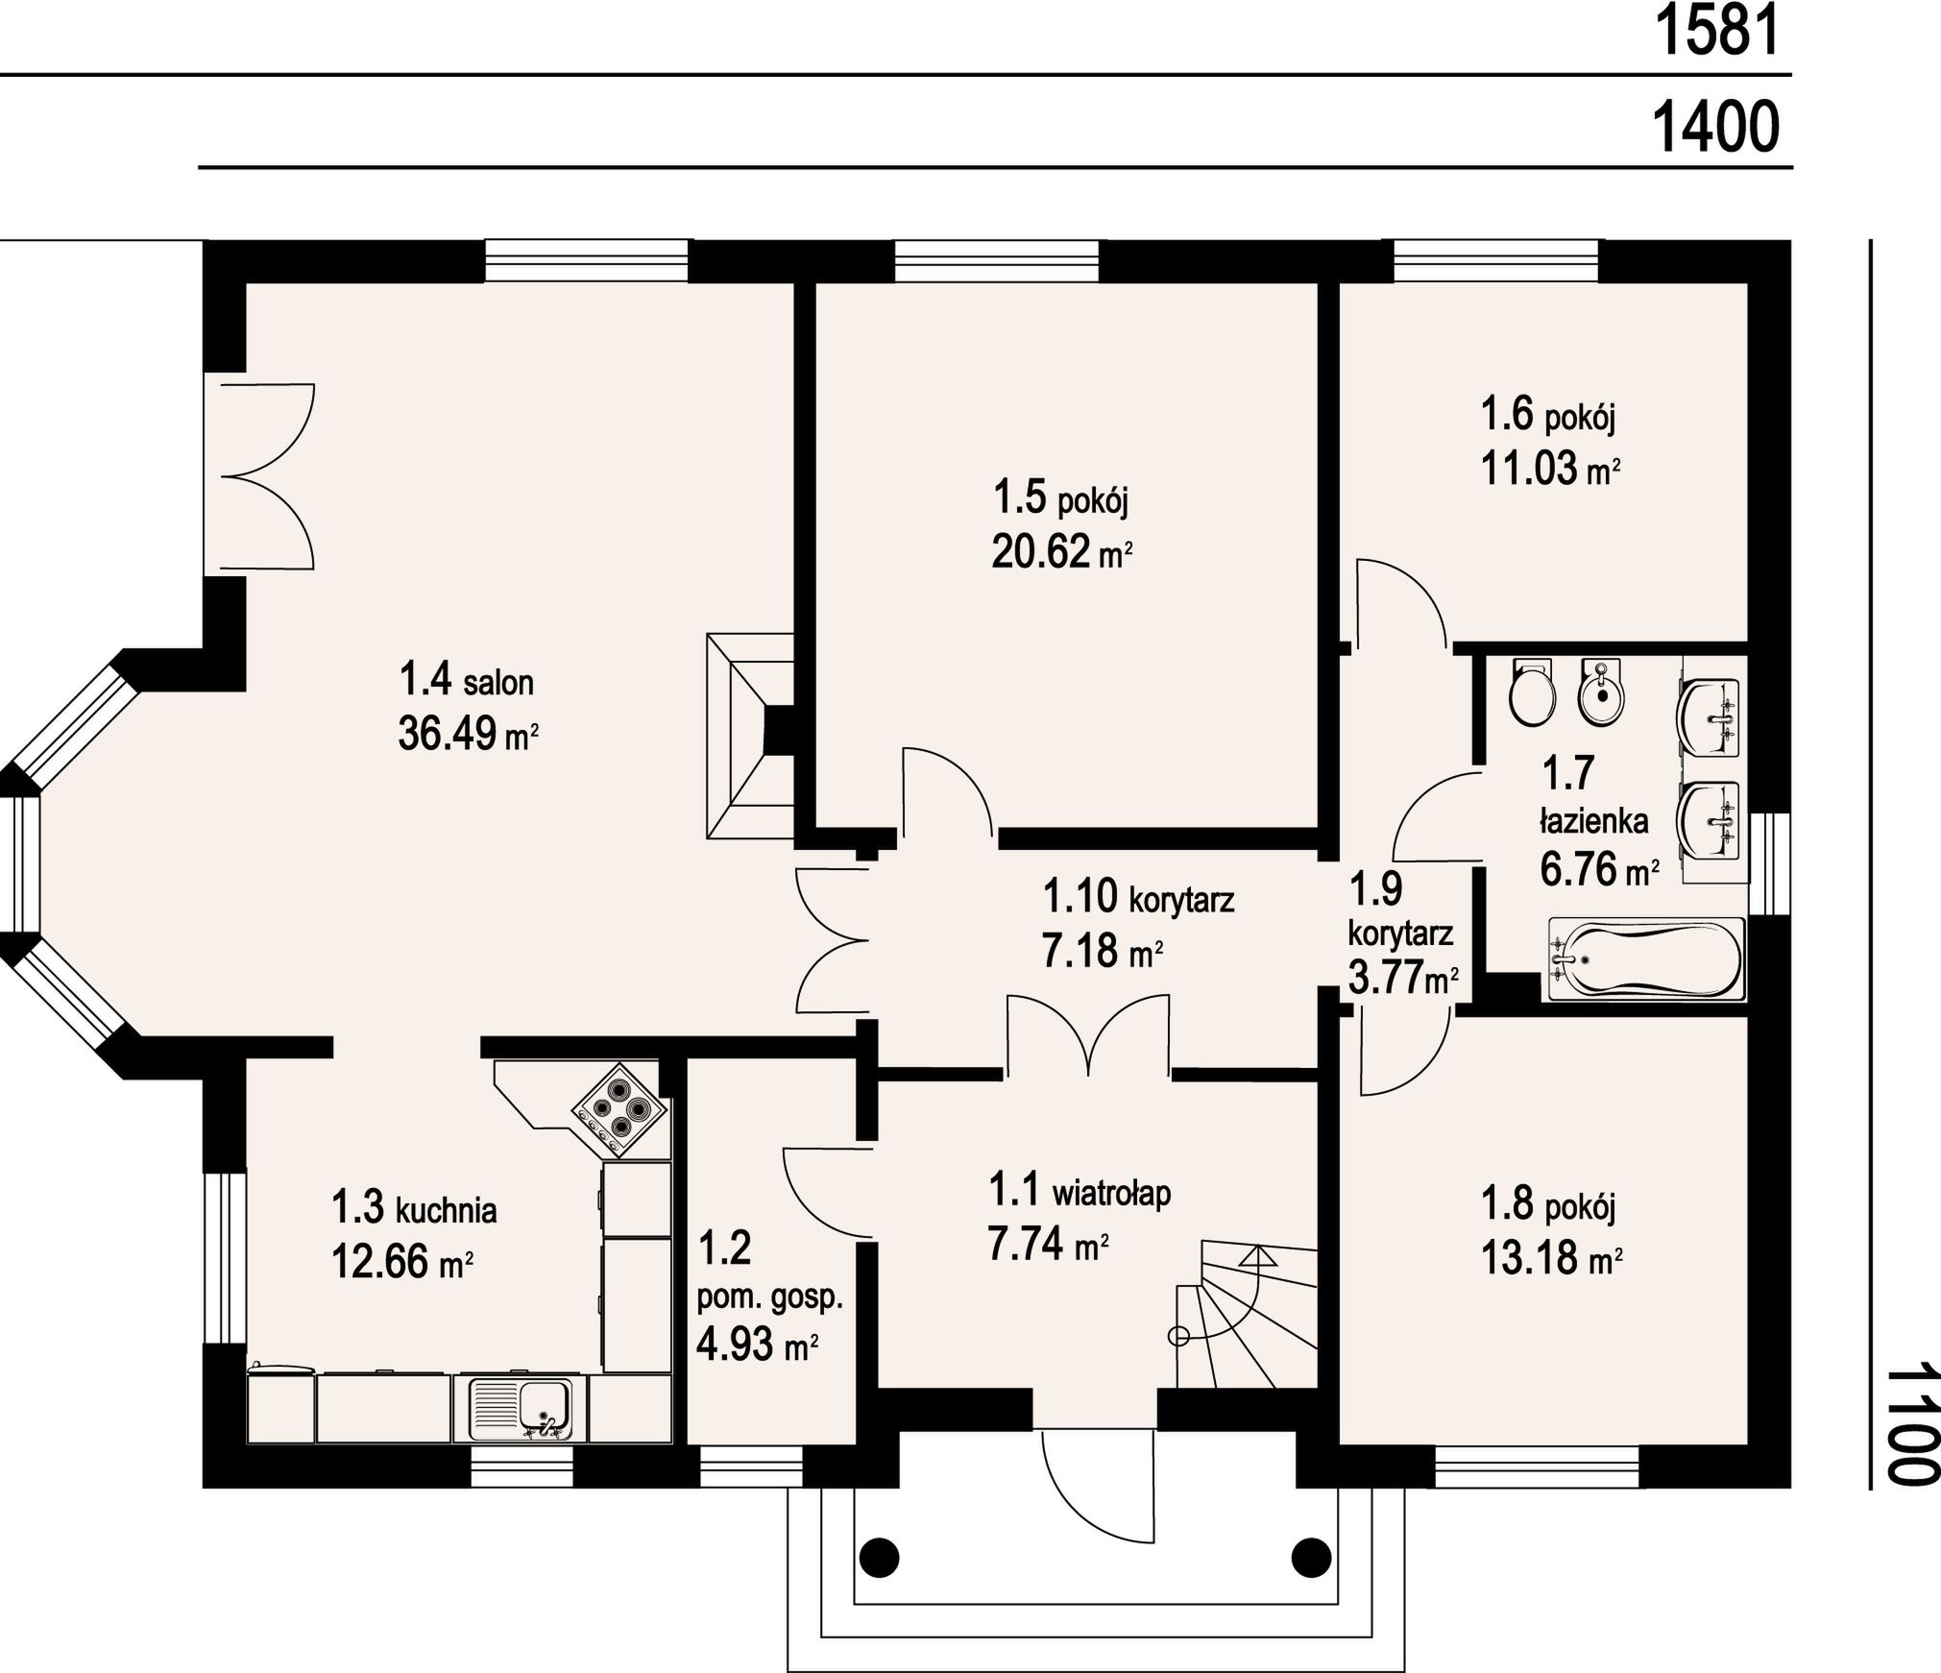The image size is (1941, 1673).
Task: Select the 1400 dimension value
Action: [x=1715, y=128]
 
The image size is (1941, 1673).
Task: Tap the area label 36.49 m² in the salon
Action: [x=468, y=736]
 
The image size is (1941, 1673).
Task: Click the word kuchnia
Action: [x=446, y=1211]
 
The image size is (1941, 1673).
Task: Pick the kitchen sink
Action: [x=520, y=1407]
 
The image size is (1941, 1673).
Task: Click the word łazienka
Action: [x=1595, y=822]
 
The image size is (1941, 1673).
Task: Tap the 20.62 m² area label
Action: [x=1062, y=552]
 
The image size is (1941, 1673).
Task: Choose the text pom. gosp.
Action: [x=769, y=1299]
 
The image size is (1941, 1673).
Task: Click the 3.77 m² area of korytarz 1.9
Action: [x=1403, y=979]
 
